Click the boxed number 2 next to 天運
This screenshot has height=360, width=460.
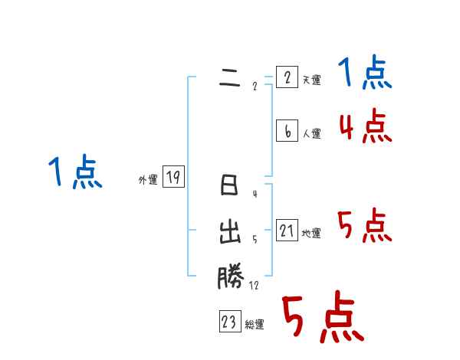(x=287, y=77)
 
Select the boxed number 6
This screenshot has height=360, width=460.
(x=287, y=131)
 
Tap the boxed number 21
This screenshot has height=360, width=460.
(x=287, y=231)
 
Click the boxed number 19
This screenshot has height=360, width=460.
(x=174, y=178)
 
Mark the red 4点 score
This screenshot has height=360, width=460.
(x=365, y=126)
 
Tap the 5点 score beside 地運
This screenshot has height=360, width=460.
(x=365, y=226)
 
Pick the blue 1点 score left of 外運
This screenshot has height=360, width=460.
(x=75, y=172)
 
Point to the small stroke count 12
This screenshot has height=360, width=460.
(x=254, y=286)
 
